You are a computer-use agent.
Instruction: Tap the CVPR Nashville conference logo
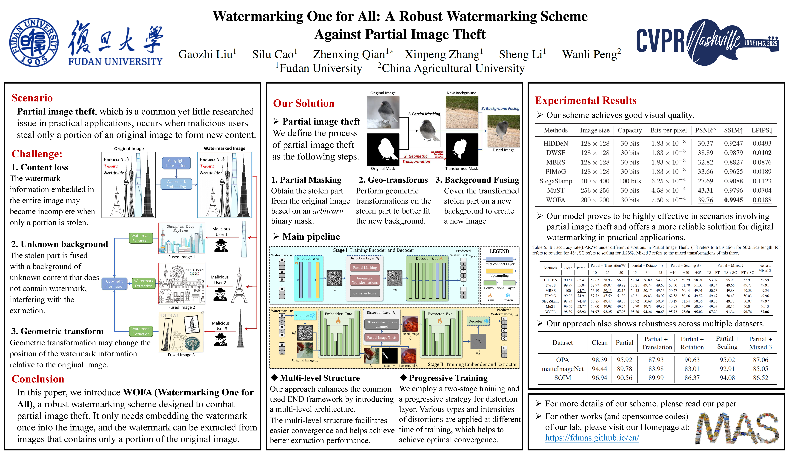707,42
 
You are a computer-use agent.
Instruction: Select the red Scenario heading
32,98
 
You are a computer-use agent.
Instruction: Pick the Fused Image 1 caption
182,257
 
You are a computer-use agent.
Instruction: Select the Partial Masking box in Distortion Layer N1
365,268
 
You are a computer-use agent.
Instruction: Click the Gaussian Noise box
365,293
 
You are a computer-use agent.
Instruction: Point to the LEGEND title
499,251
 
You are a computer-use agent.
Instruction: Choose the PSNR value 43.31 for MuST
705,190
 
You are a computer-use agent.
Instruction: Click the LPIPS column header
762,130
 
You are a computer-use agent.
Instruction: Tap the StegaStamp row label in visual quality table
556,181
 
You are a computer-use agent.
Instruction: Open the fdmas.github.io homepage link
592,438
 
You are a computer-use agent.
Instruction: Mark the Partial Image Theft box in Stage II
382,338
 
